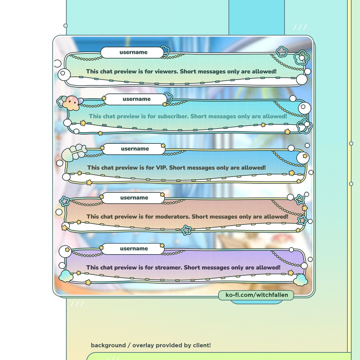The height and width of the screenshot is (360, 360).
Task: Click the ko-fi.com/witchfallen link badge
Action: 256,295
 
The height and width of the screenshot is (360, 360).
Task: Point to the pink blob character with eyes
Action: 71,103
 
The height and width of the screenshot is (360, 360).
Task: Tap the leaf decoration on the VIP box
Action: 74,152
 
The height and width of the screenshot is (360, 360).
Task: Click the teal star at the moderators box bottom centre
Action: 186,230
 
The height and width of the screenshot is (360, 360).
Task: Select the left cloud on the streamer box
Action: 66,276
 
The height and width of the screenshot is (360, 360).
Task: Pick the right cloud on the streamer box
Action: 300,280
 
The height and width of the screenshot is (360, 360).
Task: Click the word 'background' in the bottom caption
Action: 108,345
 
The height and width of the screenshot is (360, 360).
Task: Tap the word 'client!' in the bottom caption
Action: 202,345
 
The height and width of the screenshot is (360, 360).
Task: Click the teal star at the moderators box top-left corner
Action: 64,201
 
